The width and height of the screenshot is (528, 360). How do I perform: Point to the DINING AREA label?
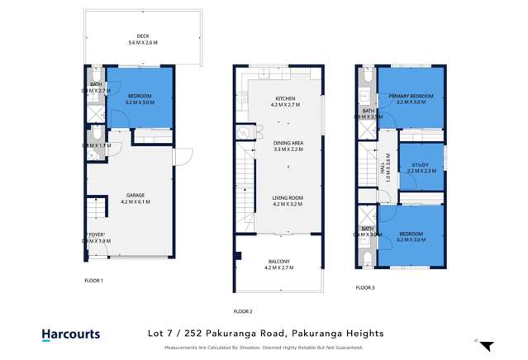click(288, 143)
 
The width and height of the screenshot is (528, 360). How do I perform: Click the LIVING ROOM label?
click(288, 197)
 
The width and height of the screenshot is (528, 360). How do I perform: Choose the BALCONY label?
click(278, 261)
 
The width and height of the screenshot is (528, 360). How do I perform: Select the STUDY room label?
click(421, 165)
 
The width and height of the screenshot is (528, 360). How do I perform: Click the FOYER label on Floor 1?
click(97, 234)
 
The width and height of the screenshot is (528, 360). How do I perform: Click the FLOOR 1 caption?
click(94, 281)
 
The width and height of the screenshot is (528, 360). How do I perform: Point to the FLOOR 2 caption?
click(243, 311)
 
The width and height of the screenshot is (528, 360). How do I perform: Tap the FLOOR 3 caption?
click(365, 287)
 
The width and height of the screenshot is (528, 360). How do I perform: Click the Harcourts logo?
click(71, 334)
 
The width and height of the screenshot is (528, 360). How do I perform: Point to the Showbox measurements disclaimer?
click(264, 348)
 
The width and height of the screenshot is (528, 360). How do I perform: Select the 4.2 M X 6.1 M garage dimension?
click(136, 201)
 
